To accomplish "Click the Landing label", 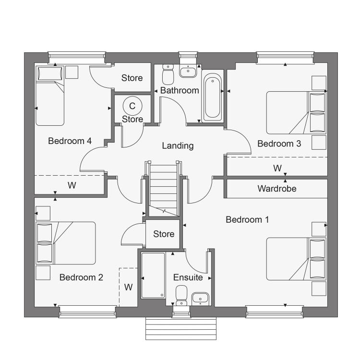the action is (x=178, y=146).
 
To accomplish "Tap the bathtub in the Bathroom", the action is (x=213, y=96).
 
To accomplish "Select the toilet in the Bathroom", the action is (x=168, y=74).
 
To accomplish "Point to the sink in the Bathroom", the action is (x=188, y=71).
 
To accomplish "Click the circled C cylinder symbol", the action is (x=132, y=106).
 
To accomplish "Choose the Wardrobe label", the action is (x=277, y=189).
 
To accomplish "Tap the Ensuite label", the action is (x=188, y=277).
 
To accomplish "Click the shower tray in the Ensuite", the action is (x=153, y=276).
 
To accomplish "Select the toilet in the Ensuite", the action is (x=181, y=295).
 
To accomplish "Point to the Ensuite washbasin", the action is (x=200, y=299).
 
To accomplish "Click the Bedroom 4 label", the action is (x=70, y=141).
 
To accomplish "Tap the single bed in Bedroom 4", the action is (x=50, y=96).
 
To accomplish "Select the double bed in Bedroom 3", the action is (x=296, y=113).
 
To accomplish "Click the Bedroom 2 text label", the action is (x=81, y=277).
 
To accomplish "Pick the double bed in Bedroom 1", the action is (x=296, y=259).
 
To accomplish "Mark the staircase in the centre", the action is (x=164, y=190).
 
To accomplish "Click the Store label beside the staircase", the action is (x=164, y=234).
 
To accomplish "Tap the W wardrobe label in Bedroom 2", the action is (x=128, y=287).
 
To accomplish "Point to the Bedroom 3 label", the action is (x=279, y=144).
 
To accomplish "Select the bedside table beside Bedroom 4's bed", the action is (x=72, y=72).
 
